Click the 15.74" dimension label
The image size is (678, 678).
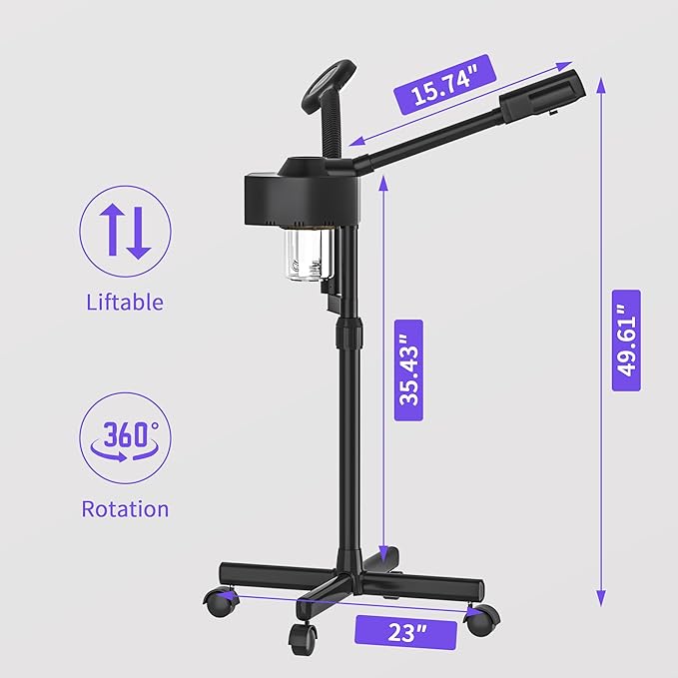[x=445, y=85]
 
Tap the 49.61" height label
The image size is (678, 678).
[x=626, y=340]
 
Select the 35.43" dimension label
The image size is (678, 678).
[x=408, y=370]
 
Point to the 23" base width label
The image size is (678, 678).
[x=405, y=633]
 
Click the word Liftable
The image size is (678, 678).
[x=125, y=302]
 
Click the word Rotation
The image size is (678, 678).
[x=125, y=509]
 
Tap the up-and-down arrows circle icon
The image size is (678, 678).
[x=125, y=232]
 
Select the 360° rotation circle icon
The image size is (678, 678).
[x=125, y=438]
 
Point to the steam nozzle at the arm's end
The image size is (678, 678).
[x=542, y=96]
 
